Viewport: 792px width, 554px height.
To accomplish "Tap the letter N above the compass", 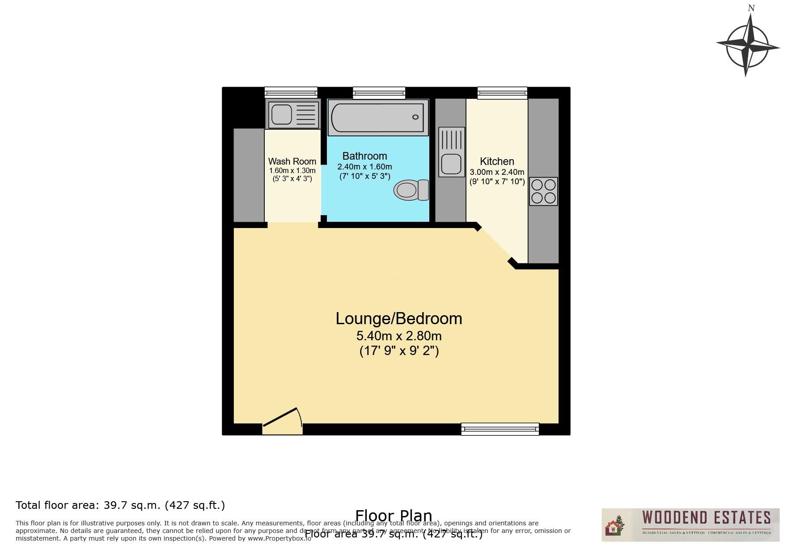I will pos(751,8).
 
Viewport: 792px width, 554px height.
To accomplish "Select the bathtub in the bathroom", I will pos(378,117).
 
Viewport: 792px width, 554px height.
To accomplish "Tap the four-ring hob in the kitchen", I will pos(543,191).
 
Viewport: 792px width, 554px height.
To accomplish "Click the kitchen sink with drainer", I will pos(452,152).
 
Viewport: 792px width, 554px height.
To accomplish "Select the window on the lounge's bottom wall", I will pos(500,429).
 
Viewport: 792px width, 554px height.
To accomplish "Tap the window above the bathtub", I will pos(379,93).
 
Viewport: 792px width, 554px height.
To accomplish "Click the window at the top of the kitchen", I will pos(502,93).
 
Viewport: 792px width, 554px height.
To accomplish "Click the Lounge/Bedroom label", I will pos(398,319).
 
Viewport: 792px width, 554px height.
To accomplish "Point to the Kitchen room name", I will pos(497,161).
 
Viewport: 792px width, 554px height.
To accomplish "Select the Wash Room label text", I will pos(292,161).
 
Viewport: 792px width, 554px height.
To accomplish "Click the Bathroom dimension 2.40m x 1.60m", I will pos(364,167).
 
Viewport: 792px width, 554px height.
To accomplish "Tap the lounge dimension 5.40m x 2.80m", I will pos(398,336).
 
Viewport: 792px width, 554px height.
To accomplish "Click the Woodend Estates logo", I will pos(690,524).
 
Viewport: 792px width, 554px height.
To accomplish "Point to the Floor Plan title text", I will pos(394,516).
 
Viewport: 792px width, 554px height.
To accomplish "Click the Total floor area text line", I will pos(120,505).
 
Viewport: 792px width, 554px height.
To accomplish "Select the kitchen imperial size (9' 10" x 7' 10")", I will pos(497,182).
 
